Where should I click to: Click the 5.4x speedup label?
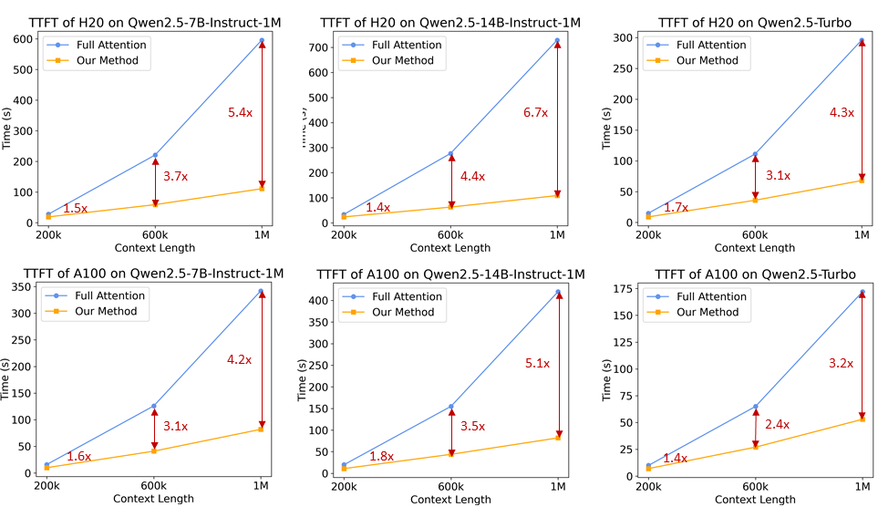[240, 112]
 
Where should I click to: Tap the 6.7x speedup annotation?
[535, 112]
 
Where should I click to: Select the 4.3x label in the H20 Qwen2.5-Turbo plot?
[841, 112]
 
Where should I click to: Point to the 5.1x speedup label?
[537, 363]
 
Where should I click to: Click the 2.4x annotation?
[777, 425]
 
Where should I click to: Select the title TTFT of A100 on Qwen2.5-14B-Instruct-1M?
[450, 274]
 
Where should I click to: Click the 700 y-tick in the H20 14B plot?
[319, 47]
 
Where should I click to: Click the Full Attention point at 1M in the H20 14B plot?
[557, 41]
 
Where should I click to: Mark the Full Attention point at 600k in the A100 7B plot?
[154, 406]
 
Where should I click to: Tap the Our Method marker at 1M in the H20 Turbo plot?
[862, 181]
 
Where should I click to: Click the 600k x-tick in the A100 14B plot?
[450, 485]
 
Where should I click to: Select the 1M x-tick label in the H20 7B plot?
[263, 234]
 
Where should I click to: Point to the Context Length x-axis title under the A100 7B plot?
[154, 499]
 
